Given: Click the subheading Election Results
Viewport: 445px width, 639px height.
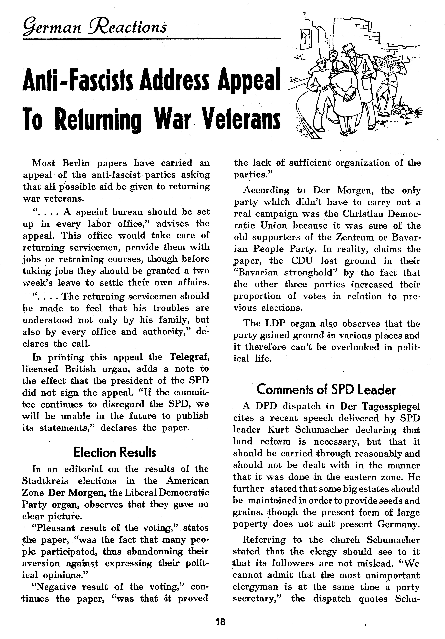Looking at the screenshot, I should pyautogui.click(x=115, y=453).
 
